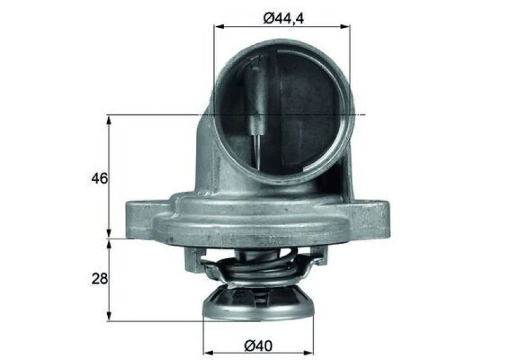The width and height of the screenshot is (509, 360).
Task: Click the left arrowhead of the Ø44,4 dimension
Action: [x=218, y=27]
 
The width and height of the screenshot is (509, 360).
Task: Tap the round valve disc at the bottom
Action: [x=258, y=304]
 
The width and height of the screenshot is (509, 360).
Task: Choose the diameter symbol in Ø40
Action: [x=249, y=343]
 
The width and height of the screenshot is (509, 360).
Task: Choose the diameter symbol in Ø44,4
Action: [x=268, y=18]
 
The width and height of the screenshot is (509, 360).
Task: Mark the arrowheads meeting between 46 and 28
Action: [x=109, y=239]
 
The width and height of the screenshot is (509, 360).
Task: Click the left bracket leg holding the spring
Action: [x=193, y=257]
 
